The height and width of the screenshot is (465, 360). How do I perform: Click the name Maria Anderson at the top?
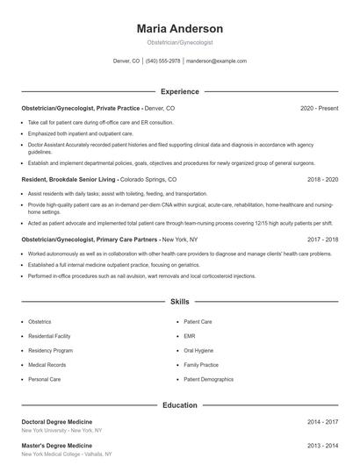tap(179, 29)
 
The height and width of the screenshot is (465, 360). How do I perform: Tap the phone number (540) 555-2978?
tap(162, 61)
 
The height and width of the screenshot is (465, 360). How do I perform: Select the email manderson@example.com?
tap(216, 61)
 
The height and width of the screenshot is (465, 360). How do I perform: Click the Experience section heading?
tap(179, 91)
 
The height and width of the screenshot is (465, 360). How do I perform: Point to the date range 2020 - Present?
tap(319, 108)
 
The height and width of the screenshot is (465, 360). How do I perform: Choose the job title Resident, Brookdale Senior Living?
tap(69, 179)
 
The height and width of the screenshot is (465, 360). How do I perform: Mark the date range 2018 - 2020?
tap(322, 179)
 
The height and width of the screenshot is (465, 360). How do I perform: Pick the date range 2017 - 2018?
tap(322, 239)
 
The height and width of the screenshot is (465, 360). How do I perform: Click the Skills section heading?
tap(179, 302)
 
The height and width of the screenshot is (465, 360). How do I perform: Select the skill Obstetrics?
tap(40, 322)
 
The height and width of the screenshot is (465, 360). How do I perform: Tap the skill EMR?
tap(190, 336)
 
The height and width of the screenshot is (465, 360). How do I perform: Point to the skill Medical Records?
tap(47, 364)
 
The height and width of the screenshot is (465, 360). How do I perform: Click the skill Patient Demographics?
tap(208, 378)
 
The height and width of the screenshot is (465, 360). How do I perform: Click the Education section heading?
tap(179, 405)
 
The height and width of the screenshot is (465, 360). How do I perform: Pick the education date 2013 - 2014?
tap(322, 446)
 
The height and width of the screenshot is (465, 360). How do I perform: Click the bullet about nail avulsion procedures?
tap(141, 275)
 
